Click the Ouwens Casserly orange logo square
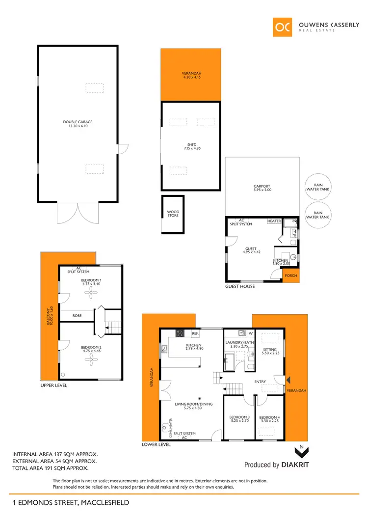pyautogui.click(x=283, y=27)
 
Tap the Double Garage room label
pyautogui.click(x=78, y=124)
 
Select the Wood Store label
pyautogui.click(x=173, y=214)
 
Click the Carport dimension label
pyautogui.click(x=262, y=188)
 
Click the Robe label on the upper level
pyautogui.click(x=77, y=316)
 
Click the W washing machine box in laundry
pyautogui.click(x=250, y=333)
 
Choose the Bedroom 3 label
pyautogui.click(x=239, y=419)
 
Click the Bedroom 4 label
pyautogui.click(x=269, y=419)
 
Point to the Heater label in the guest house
pyautogui.click(x=274, y=221)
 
